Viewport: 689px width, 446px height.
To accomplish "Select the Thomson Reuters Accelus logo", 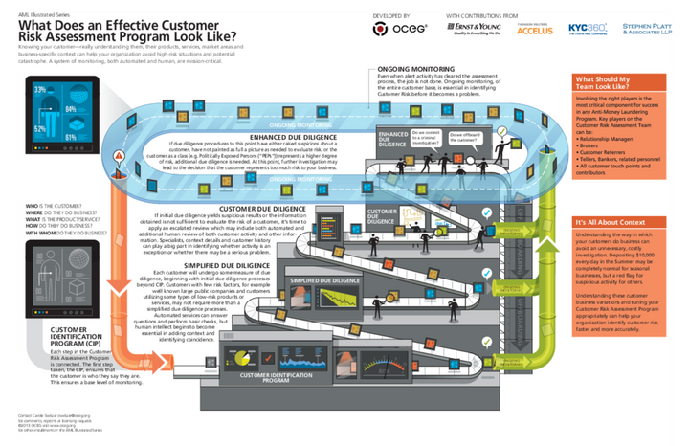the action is pyautogui.click(x=534, y=29).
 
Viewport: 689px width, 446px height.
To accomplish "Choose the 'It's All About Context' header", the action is pyautogui.click(x=605, y=222).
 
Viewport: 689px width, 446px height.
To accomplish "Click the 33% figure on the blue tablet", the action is pyautogui.click(x=40, y=89).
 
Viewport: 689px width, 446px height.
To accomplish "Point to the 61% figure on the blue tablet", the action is pyautogui.click(x=70, y=137).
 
